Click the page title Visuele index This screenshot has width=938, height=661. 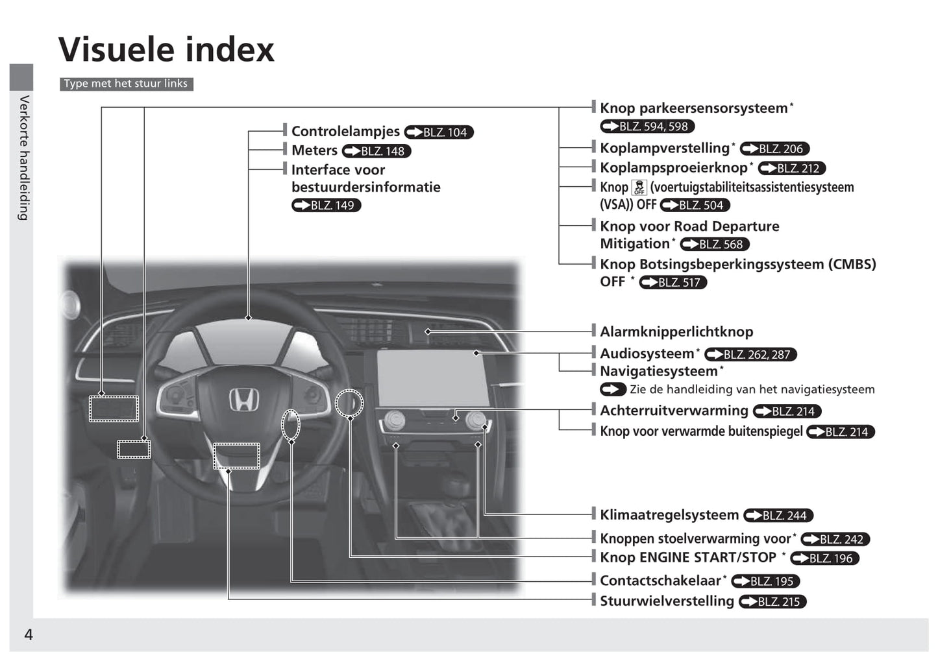coord(166,49)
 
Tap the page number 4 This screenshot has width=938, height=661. coord(28,634)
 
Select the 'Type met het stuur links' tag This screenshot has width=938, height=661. coord(126,84)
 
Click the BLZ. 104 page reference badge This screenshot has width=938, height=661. coord(439,132)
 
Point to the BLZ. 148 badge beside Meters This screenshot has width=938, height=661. coord(376,151)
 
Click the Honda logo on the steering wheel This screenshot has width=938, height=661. coord(243,400)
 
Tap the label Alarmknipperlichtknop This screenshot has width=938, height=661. coord(676,331)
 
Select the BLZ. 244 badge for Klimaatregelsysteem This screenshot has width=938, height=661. coord(778,516)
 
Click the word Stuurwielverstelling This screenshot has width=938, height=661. coord(667,601)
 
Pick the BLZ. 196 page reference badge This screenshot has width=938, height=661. coord(825,559)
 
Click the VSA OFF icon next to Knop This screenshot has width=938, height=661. coord(639,187)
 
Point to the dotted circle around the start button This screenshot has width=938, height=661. coord(349,403)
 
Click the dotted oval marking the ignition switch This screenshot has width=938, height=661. coord(291,426)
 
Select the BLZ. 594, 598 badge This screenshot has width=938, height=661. coord(647,126)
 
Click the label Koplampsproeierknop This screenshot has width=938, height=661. coord(673,167)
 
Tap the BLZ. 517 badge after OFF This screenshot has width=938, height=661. coord(673,283)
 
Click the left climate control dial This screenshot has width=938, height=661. coord(394,421)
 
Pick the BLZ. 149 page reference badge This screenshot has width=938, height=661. coord(326,206)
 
